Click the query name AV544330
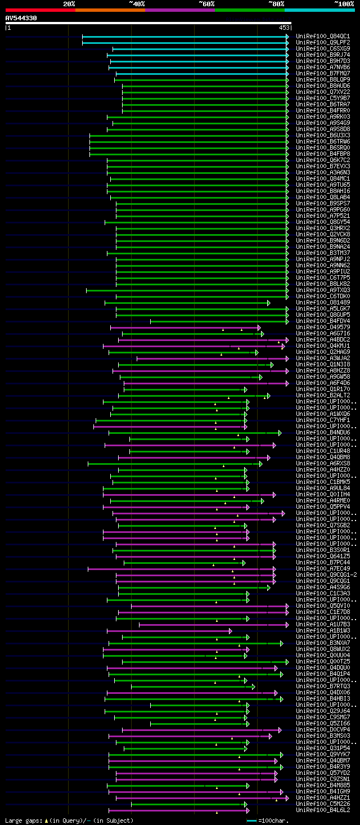tap(21, 18)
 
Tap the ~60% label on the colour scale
tap(206, 4)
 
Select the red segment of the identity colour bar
tap(40, 10)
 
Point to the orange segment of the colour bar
tap(110, 10)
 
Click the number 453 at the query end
tap(283, 27)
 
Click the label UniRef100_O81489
tap(316, 303)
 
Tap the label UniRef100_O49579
tap(316, 328)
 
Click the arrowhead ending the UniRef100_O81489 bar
tap(269, 303)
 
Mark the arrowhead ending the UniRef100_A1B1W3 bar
tap(230, 631)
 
